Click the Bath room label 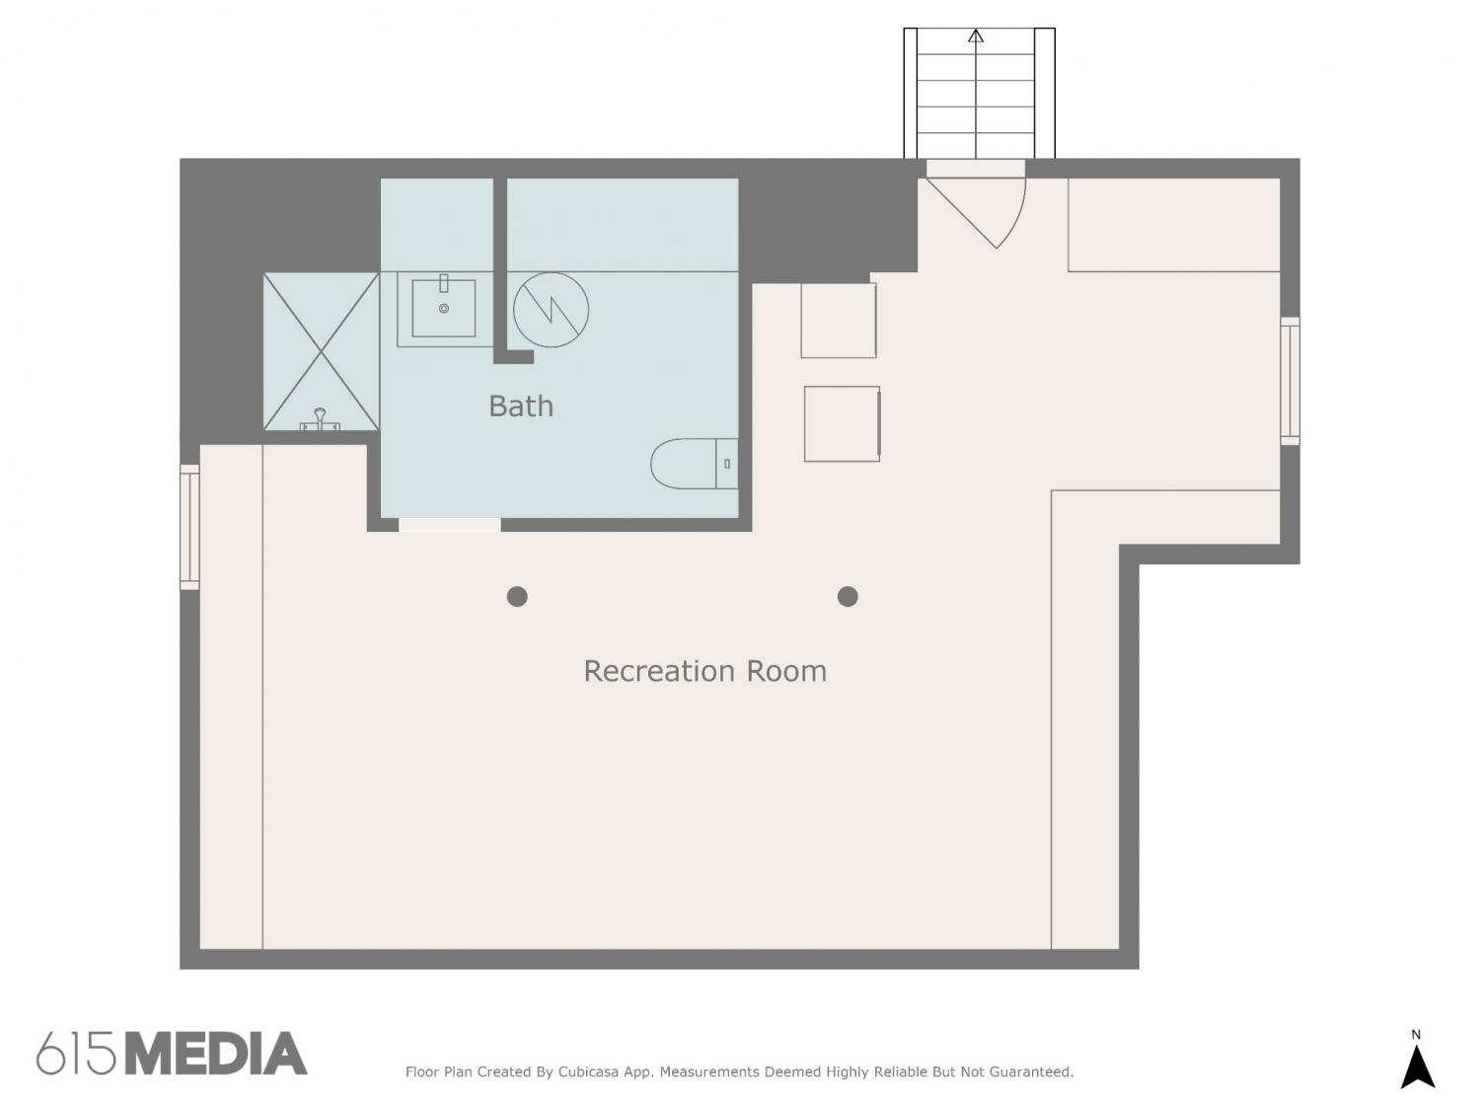click(521, 406)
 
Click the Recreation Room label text click(704, 671)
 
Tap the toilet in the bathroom click(694, 464)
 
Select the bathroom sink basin click(444, 308)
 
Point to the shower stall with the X click(321, 351)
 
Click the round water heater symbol click(551, 310)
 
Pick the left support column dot click(517, 597)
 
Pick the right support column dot click(848, 597)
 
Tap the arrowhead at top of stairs click(976, 36)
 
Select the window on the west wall click(189, 527)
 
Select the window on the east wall click(1290, 381)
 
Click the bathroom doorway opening click(450, 525)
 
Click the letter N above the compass click(1416, 1034)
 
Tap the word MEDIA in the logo click(217, 1054)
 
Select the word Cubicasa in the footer click(588, 1072)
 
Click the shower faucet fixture click(320, 419)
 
